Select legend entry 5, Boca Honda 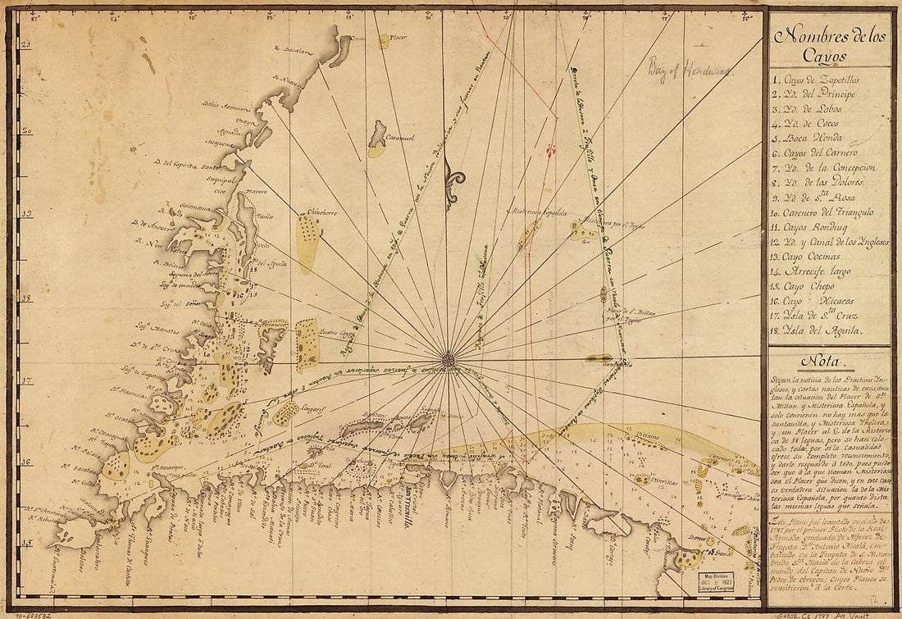coord(808,138)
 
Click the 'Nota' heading coord(830,360)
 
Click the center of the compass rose coord(448,359)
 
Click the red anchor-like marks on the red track coord(551,151)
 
